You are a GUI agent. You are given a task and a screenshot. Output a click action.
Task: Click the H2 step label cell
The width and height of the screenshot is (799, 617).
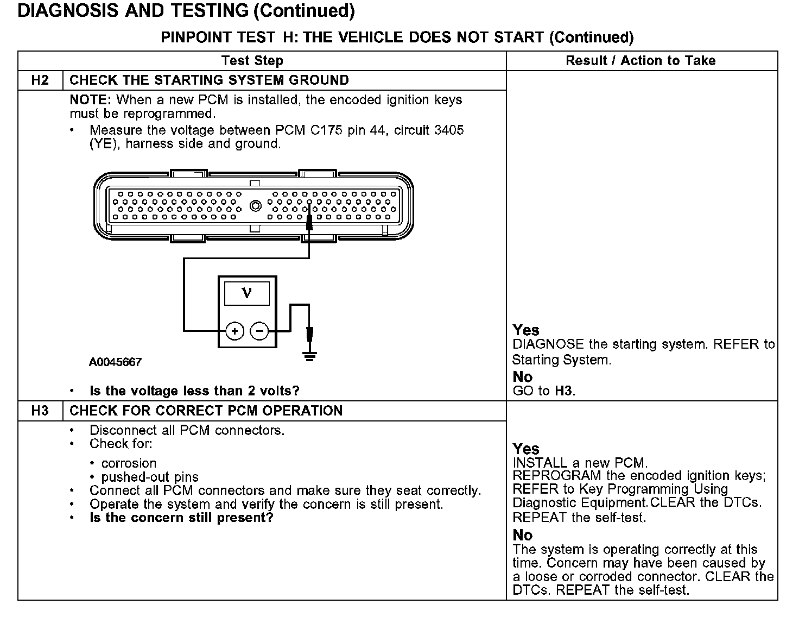pyautogui.click(x=40, y=80)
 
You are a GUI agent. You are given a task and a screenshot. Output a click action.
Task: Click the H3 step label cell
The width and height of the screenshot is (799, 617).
pyautogui.click(x=40, y=411)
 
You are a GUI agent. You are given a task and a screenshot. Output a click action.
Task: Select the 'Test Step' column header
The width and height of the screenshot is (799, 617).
pyautogui.click(x=252, y=61)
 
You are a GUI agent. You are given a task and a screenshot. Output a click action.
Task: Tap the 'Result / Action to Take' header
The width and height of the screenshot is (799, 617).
pyautogui.click(x=641, y=61)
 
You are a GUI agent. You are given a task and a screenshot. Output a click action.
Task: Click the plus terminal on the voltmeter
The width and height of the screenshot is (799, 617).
pyautogui.click(x=234, y=330)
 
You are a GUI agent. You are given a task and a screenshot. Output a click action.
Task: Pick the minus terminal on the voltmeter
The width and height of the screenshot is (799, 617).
pyautogui.click(x=260, y=330)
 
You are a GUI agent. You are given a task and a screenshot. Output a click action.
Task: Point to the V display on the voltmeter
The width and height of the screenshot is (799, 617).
pyautogui.click(x=247, y=294)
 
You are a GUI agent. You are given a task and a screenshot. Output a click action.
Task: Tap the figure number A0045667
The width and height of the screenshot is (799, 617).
pyautogui.click(x=115, y=362)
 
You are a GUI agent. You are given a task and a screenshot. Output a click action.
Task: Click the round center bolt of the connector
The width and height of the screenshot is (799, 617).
pyautogui.click(x=255, y=206)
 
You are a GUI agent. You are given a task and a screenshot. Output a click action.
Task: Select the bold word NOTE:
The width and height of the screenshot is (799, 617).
pyautogui.click(x=91, y=100)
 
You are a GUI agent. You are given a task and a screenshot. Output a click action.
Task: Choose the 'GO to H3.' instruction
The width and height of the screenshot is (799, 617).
pyautogui.click(x=544, y=391)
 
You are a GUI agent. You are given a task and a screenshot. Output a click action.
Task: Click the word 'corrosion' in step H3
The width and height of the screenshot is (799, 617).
pyautogui.click(x=129, y=463)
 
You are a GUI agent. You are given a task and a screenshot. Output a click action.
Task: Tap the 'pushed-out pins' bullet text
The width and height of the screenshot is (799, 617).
pyautogui.click(x=150, y=477)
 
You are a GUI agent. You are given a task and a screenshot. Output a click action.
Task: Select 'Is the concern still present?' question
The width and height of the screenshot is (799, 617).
pyautogui.click(x=181, y=518)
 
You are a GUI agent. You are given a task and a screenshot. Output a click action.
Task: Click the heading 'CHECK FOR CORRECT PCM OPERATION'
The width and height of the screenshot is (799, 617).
pyautogui.click(x=206, y=411)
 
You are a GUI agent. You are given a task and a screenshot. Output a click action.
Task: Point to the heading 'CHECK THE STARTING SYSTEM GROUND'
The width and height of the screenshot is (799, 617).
pyautogui.click(x=210, y=80)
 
